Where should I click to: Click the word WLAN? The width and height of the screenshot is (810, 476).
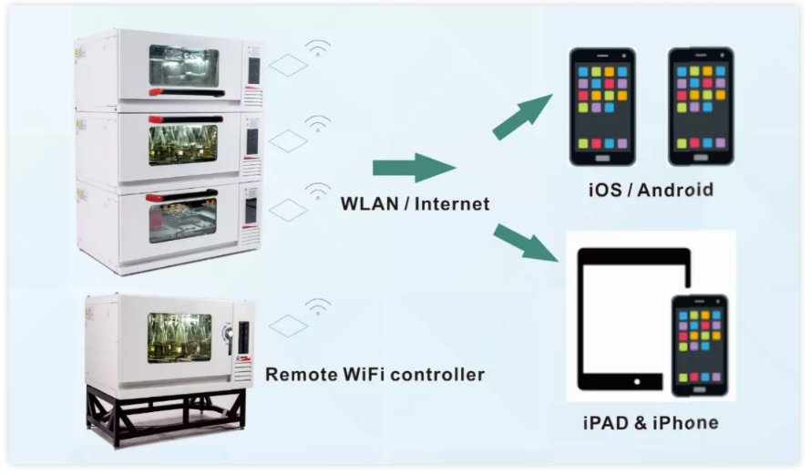coord(369,203)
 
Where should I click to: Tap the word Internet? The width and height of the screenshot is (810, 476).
coord(452,203)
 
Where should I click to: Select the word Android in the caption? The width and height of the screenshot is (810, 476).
coord(675,190)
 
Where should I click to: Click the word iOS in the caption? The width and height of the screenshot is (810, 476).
coord(605,190)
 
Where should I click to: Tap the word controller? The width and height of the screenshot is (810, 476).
coord(438,374)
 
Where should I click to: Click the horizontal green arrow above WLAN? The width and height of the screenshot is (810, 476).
coord(415,168)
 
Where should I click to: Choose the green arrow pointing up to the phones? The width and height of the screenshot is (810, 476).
coord(522,117)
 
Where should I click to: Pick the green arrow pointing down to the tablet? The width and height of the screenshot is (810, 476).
coord(526,243)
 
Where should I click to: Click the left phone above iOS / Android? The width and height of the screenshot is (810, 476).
coord(602,107)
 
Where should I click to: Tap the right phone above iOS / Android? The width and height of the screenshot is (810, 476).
coord(701,107)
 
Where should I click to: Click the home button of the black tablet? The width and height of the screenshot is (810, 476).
coord(637,382)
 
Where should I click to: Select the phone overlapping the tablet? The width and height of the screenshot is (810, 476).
coord(700,346)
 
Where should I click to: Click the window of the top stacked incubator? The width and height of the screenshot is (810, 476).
coord(184,67)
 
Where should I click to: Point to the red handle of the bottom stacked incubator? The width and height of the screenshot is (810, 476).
coord(180,196)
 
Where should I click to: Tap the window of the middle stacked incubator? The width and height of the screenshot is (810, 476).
coord(183,145)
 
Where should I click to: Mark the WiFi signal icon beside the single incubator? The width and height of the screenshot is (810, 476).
coord(318,306)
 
